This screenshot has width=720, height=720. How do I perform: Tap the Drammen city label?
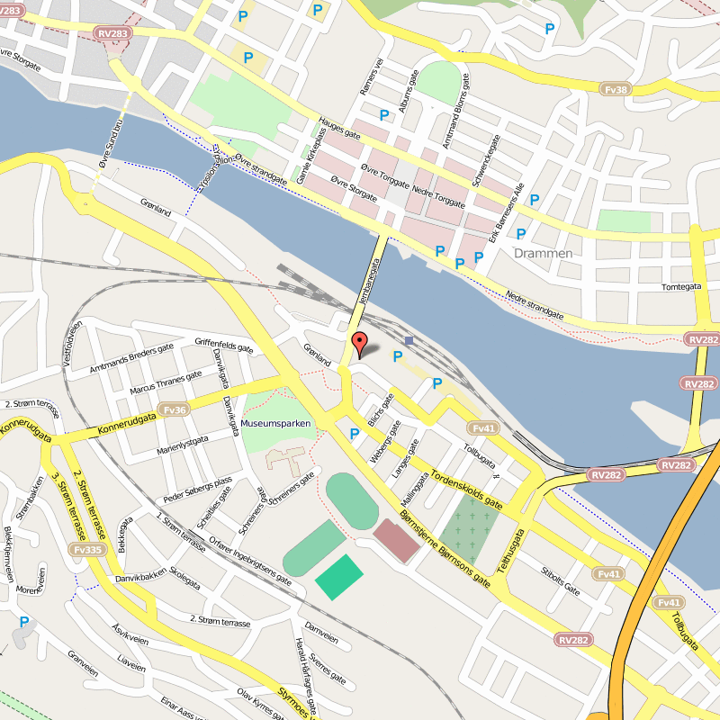tap(543, 254)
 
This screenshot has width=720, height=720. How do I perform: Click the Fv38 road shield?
tap(616, 89)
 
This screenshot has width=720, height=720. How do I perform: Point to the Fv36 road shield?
tap(175, 410)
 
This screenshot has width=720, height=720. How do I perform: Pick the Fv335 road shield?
tap(87, 550)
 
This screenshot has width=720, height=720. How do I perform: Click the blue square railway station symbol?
tap(409, 340)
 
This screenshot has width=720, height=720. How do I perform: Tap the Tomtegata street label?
tap(681, 288)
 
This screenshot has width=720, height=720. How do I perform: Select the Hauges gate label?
tap(339, 128)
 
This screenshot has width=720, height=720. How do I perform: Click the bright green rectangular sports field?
tap(339, 577)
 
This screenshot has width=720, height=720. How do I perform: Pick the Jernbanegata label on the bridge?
tap(370, 280)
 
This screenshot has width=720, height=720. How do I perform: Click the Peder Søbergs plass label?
tap(197, 489)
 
